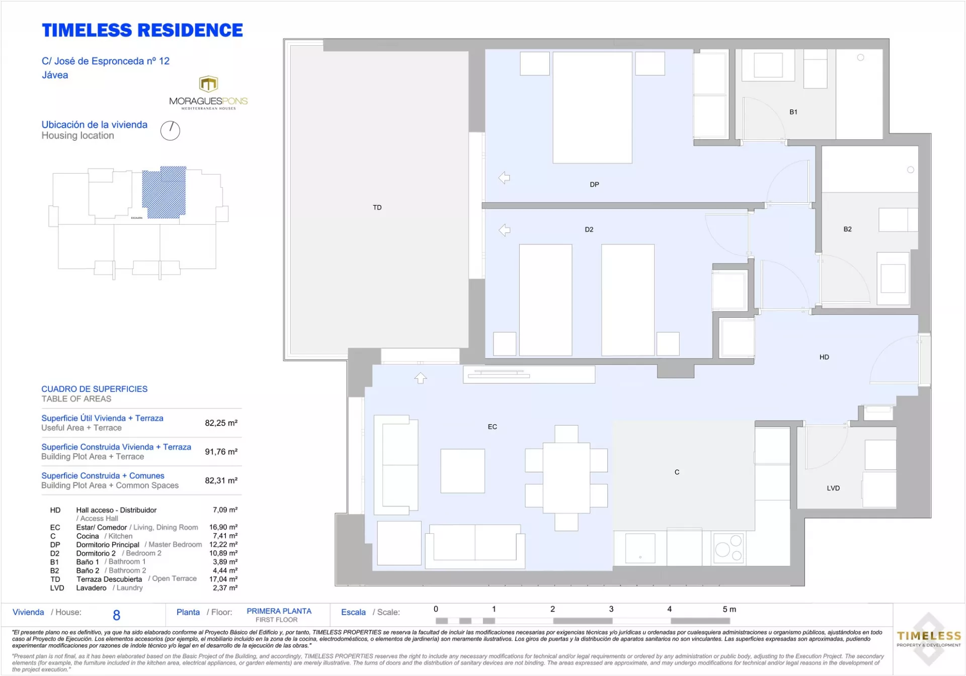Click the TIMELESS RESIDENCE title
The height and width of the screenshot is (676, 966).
tap(142, 31)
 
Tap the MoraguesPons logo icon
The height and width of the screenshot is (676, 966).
tap(208, 83)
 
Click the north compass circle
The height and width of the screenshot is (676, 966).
tap(170, 131)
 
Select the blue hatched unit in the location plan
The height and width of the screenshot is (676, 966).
tap(164, 193)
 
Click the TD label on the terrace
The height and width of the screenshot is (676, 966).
tap(377, 207)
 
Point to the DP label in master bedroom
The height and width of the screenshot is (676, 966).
tap(594, 185)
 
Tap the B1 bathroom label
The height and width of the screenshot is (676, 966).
tap(793, 112)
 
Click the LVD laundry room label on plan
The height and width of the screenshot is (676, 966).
tap(833, 488)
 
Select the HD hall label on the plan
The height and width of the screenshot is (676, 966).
tap(824, 357)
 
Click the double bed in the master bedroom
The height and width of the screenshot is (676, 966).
tap(592, 108)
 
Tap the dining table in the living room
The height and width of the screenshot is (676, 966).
tap(566, 478)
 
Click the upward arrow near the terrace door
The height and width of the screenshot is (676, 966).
tap(421, 378)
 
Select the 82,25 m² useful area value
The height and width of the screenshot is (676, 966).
tap(221, 423)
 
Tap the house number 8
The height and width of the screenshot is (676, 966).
tap(117, 615)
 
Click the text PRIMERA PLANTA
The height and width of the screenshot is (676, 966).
tap(279, 611)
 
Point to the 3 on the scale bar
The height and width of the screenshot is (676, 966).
tap(611, 609)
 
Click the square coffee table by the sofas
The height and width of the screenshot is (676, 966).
tap(462, 471)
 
